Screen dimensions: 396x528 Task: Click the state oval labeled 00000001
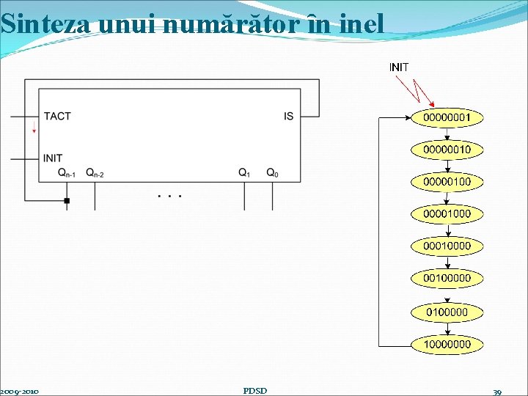coord(447,117)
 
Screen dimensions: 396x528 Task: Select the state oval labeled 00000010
coord(447,150)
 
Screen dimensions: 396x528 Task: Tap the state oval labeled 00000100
coord(447,182)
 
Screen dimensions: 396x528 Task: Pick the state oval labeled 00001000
coord(447,214)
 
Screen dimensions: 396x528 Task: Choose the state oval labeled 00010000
coord(447,246)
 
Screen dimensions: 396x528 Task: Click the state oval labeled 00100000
coord(447,279)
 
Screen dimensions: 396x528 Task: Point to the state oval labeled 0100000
coord(447,312)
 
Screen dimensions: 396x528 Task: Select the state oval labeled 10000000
coord(447,344)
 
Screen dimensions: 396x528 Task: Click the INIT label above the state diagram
coord(399,67)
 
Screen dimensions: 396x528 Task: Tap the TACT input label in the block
coord(57,116)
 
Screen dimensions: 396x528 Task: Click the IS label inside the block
coord(288,116)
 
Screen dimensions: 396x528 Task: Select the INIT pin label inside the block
coord(53,158)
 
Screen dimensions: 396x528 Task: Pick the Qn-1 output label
coord(67,173)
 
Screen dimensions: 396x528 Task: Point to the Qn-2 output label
coord(95,173)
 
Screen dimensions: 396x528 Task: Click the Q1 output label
coord(244,173)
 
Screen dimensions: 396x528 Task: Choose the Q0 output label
coord(272,173)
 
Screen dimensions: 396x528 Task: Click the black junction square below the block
coord(67,200)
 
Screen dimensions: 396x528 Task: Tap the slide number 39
coord(497,392)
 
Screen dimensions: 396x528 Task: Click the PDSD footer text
coord(254,390)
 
